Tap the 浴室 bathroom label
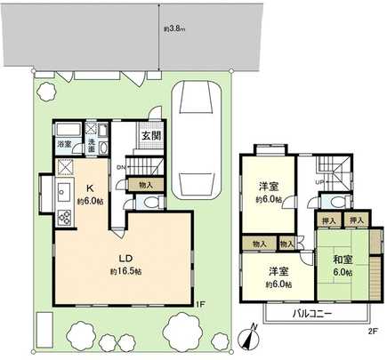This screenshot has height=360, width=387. pos(64,144)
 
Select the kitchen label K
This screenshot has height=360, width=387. pos(89,187)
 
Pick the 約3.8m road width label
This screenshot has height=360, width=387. pos(173,28)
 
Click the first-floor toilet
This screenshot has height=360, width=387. pos(149,203)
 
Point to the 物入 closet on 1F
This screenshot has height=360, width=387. pos(145,184)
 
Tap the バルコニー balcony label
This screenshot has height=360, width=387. pos(314,313)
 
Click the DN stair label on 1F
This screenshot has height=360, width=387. pos(121,168)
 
